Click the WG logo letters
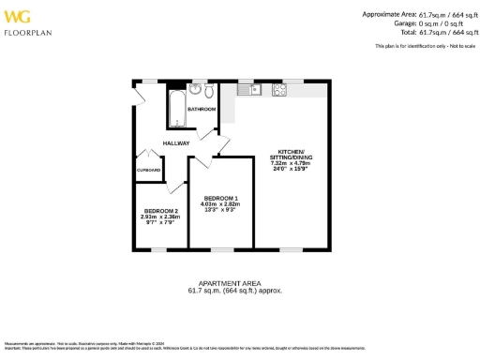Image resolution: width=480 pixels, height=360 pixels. (18, 16)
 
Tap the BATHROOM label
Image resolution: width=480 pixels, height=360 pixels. (202, 110)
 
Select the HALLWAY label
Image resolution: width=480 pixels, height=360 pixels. (176, 143)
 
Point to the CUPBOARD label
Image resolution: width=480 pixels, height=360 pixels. (149, 171)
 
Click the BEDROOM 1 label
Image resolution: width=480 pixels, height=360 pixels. (221, 197)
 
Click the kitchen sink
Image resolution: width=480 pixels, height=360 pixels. (252, 90)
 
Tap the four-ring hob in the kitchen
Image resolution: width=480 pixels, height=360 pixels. (279, 90)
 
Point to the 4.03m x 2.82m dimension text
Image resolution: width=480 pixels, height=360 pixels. (221, 203)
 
